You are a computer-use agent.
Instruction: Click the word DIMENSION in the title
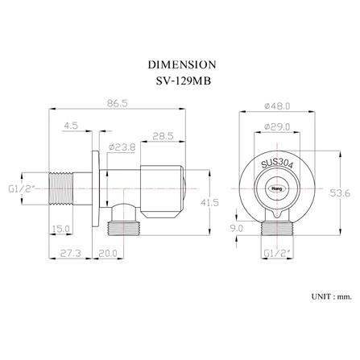coord(182,64)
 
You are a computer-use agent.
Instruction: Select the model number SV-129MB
coord(184,81)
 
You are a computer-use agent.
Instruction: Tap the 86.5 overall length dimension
coord(117,103)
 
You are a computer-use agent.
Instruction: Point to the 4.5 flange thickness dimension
coord(71,126)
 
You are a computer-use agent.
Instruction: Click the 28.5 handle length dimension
coord(163,136)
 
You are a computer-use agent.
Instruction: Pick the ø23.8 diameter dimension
coord(122,147)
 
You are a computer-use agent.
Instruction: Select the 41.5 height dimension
coord(209,202)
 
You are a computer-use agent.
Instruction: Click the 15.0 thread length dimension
coord(61,229)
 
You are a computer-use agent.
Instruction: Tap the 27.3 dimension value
coord(70,253)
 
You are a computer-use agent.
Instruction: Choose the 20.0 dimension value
coord(108,253)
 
